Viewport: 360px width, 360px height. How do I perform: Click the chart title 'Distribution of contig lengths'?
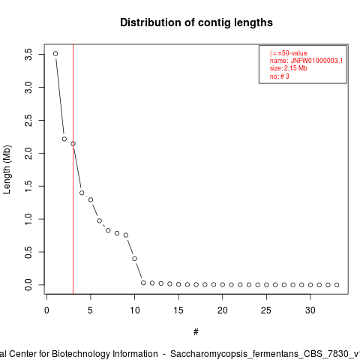point(196,22)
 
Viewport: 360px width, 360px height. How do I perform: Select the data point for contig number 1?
point(55,53)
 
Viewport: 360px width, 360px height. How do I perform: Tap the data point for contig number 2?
point(64,139)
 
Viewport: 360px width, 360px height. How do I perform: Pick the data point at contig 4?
point(82,193)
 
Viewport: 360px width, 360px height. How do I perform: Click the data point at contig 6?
point(100,220)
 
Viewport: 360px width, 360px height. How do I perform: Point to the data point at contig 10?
point(135,259)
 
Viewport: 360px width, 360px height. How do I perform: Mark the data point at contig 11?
point(143,283)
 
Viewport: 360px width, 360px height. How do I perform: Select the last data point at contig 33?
point(337,285)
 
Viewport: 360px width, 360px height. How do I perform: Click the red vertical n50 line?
point(73,169)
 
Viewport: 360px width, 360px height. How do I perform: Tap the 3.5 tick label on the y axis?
point(28,54)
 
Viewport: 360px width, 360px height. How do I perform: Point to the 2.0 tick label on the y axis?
point(28,153)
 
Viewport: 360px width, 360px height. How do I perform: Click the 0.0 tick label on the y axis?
point(28,285)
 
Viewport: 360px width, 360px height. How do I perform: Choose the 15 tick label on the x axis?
point(178,310)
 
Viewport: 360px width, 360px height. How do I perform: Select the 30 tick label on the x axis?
point(310,310)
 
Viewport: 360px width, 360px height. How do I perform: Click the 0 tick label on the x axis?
point(46,310)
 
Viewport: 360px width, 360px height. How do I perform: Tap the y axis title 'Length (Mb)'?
point(7,169)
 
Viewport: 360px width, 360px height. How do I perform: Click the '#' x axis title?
point(196,332)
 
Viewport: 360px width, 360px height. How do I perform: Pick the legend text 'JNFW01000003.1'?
point(316,61)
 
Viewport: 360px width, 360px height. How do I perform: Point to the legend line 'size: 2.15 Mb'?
point(288,68)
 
